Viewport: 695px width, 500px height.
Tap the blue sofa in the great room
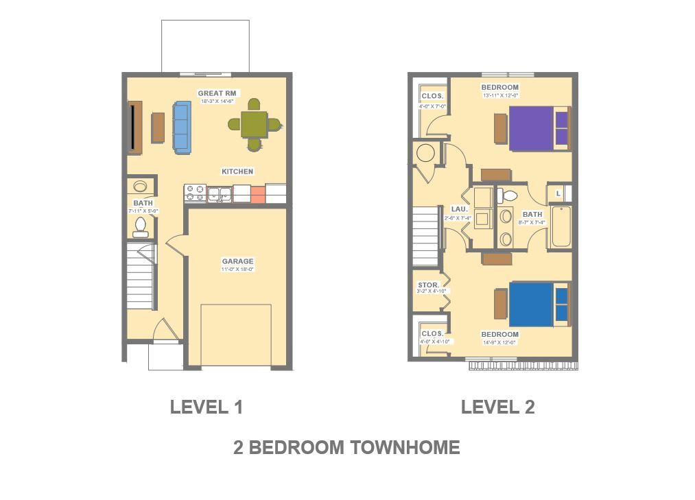click(181, 127)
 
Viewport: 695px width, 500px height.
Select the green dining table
click(255, 124)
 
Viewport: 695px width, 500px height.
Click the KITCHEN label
click(237, 171)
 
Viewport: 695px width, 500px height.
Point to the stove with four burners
click(195, 193)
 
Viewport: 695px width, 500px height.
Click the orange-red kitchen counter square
click(258, 194)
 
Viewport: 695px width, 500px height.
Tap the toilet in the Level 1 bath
click(141, 226)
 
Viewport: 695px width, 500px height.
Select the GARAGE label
click(237, 261)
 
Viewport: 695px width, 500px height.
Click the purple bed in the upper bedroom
click(532, 128)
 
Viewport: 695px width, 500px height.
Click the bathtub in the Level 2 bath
click(561, 226)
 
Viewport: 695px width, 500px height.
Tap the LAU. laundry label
click(459, 209)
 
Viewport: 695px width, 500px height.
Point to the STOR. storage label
click(429, 285)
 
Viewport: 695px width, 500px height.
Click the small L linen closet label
click(558, 194)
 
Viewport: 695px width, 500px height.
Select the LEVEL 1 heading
click(206, 407)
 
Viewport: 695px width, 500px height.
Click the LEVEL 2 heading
click(497, 407)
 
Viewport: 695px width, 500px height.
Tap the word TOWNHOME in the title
click(405, 448)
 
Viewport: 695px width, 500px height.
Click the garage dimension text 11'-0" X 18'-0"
click(237, 270)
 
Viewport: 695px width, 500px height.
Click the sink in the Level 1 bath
click(141, 186)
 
